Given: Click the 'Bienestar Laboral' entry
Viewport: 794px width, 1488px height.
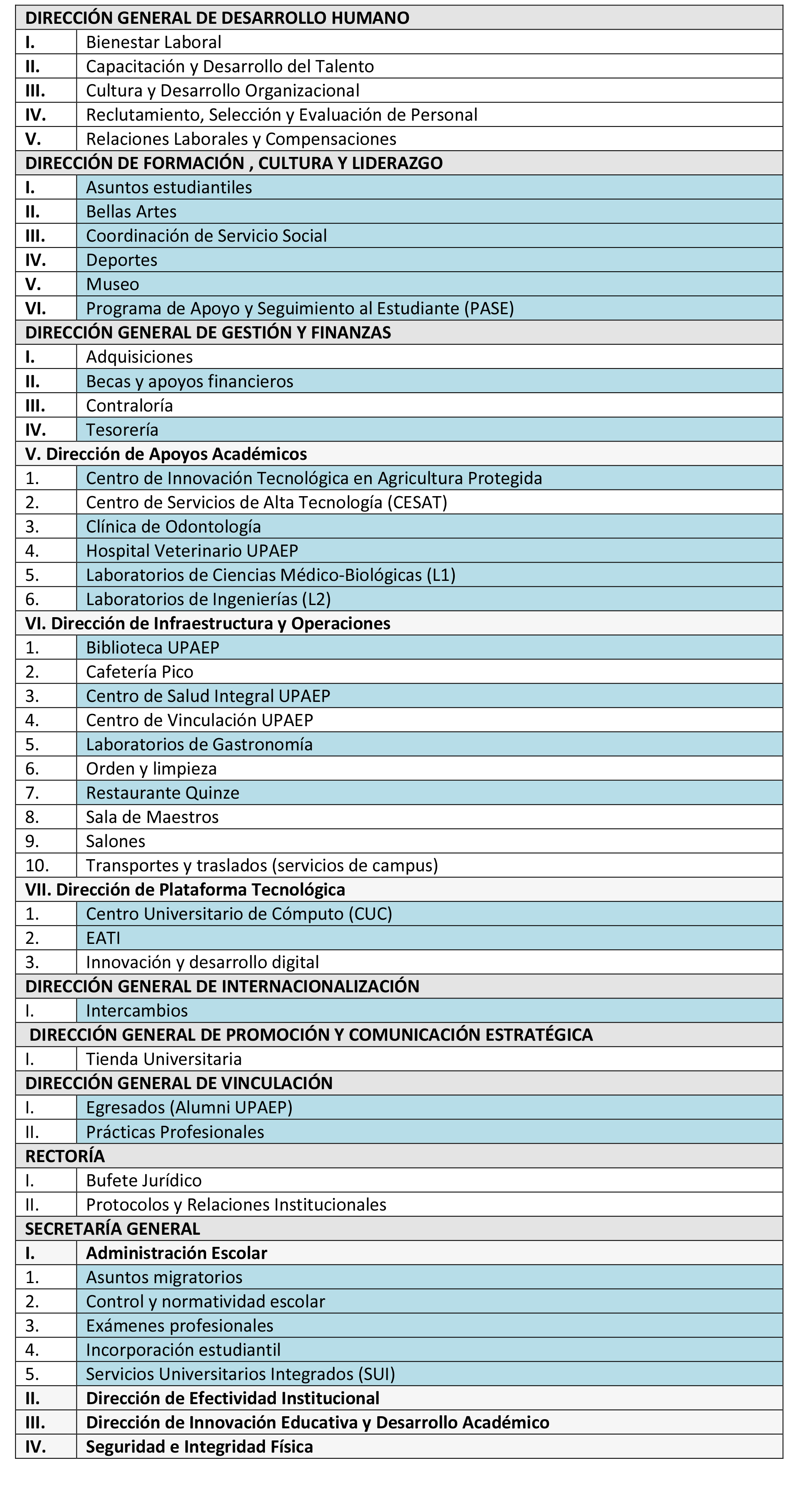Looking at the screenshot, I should coord(154,42).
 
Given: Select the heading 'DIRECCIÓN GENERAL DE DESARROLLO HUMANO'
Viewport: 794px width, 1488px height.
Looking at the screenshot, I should coord(217,18).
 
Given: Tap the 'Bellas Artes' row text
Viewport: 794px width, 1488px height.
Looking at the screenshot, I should coord(131,212).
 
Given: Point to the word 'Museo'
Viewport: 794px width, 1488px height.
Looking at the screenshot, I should coord(113,284).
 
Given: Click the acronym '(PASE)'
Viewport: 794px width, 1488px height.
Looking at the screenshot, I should coord(489,308).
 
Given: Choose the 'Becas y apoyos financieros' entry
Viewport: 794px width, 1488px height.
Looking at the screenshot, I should coord(189,381).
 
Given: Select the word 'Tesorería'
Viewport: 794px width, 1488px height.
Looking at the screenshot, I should coord(122,430).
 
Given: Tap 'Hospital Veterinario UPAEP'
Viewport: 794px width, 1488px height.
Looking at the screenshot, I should coord(192,551).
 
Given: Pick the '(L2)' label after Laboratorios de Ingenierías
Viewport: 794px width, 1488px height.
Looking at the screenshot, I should coord(316,600).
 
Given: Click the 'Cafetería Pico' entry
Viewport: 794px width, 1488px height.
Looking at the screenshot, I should coord(140,672).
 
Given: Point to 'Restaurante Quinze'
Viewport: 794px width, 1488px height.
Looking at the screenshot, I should coord(162,793).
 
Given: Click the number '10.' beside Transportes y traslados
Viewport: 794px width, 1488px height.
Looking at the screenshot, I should coord(37,865).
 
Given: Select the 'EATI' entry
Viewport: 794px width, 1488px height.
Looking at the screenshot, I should coord(103,938).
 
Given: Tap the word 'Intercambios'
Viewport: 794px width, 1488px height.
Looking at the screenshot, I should coord(137,1011).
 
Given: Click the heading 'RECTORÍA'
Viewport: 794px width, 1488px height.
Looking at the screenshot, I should coord(65,1156).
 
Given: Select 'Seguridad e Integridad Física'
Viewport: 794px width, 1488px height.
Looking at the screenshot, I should coord(199,1447).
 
